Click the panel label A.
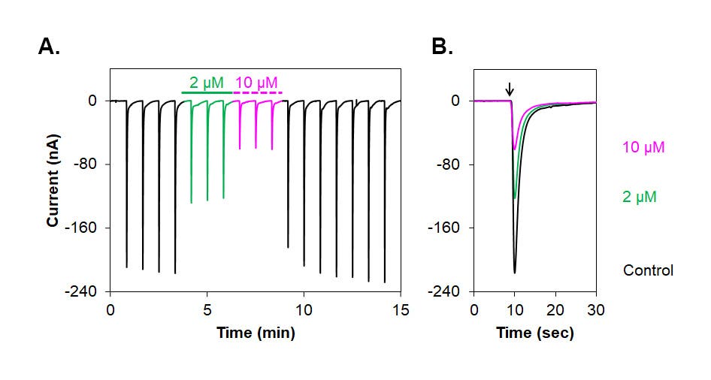click(49, 47)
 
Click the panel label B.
click(442, 47)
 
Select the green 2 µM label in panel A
click(207, 83)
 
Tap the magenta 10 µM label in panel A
click(256, 83)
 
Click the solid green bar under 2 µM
click(207, 93)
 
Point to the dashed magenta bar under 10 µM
click(258, 93)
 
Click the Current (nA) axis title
click(53, 180)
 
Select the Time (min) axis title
click(256, 333)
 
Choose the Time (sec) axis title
click(535, 333)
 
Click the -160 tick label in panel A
click(81, 228)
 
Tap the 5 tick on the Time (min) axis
click(207, 310)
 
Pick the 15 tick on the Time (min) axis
click(401, 310)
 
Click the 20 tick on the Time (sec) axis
click(555, 310)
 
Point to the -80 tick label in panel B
click(449, 164)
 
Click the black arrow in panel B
click(510, 89)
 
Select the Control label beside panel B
click(648, 270)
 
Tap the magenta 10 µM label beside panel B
click(643, 147)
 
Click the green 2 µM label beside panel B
click(640, 197)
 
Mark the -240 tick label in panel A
click(81, 291)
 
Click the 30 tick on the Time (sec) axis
click(596, 310)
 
